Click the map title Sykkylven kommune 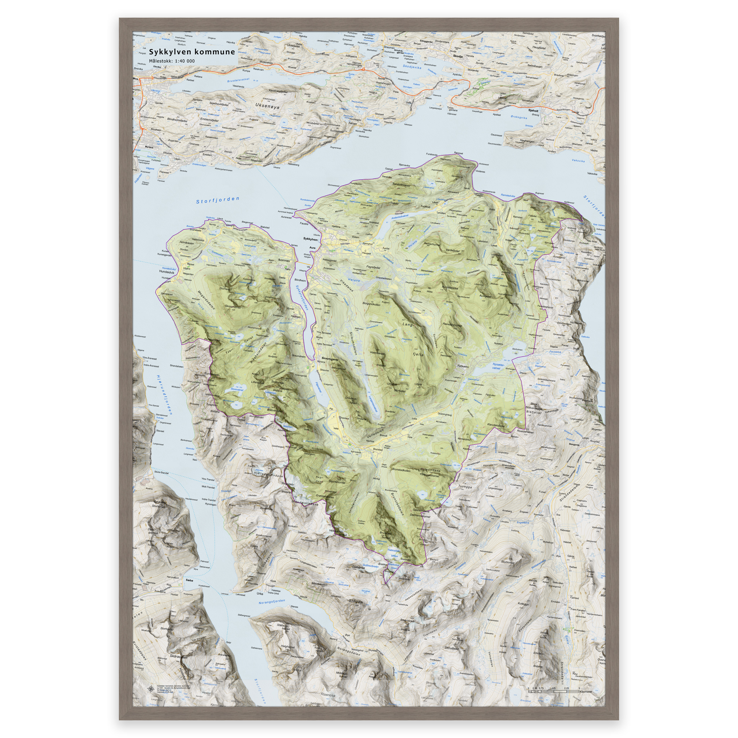click(x=192, y=52)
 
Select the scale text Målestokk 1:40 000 click(x=172, y=61)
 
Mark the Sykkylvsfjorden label click(x=302, y=298)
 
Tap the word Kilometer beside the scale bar click(x=586, y=692)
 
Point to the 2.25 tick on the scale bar click(x=566, y=688)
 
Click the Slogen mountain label click(x=355, y=601)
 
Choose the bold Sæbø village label click(x=190, y=580)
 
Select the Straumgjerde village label click(x=330, y=358)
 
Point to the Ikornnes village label click(x=284, y=260)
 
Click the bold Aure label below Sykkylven click(x=312, y=248)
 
